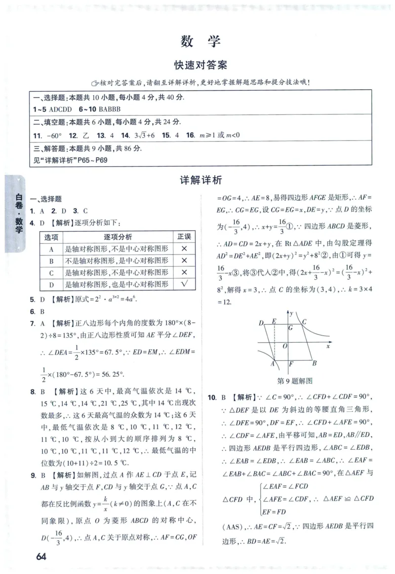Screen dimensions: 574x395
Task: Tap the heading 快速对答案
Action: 200,65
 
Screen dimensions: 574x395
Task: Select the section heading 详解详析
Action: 200,180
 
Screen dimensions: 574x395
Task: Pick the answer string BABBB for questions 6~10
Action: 110,108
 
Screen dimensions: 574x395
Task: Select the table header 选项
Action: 51,237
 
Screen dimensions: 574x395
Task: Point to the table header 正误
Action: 184,237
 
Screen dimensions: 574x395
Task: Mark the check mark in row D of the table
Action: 184,284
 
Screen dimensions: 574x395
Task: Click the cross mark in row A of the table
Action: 184,249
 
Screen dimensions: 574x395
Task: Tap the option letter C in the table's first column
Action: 51,272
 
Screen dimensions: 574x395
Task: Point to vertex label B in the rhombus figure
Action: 315,363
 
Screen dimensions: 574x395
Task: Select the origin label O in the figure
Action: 285,346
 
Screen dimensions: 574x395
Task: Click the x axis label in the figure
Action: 328,346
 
